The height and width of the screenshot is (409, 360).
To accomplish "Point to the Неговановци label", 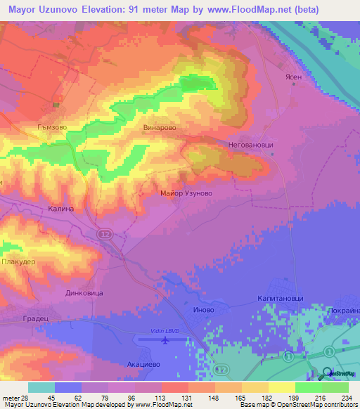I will pos(250,143).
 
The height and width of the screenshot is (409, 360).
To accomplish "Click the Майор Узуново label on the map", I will pos(186,193).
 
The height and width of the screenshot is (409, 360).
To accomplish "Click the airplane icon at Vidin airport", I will pos(165,341).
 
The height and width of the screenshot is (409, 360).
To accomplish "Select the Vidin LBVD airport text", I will pos(165,330).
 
